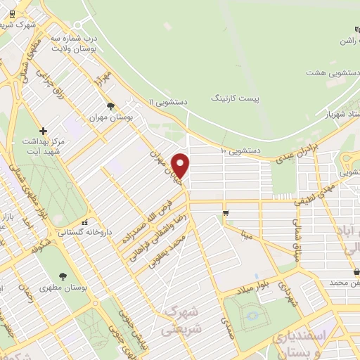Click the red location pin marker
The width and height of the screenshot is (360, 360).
tap(181, 166)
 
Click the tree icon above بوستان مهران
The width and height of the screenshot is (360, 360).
tap(111, 106)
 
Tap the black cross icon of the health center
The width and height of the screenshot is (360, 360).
tap(43, 131)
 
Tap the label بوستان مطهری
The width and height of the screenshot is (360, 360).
tap(63, 288)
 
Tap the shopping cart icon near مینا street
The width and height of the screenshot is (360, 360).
tap(225, 212)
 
